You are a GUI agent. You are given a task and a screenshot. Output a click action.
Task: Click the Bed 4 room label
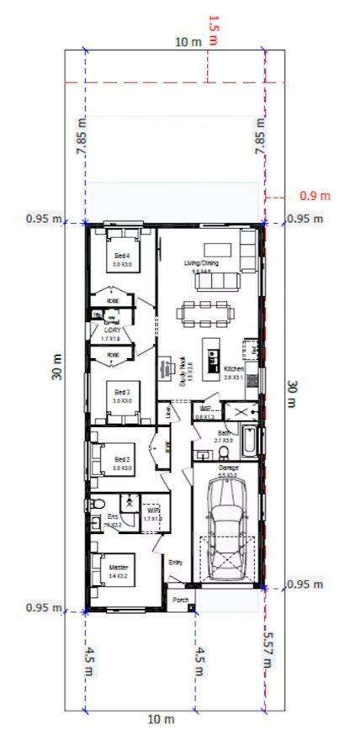(123, 256)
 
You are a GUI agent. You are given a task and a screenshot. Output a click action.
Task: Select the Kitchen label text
(234, 368)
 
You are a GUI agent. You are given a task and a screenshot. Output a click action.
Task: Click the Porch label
(179, 600)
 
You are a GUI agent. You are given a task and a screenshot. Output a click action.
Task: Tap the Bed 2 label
(123, 459)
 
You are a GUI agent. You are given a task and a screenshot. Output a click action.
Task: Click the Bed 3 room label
(123, 392)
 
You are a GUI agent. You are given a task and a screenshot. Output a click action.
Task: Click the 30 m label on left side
(57, 370)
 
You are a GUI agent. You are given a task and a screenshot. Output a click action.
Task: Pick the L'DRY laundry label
(113, 330)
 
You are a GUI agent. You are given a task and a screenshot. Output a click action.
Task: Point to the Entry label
(175, 562)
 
